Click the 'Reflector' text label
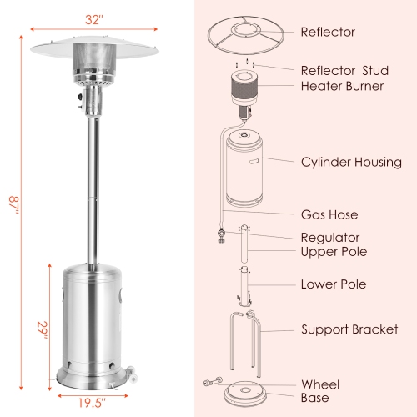click(328, 33)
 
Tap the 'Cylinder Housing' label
click(351, 162)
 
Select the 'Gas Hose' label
click(330, 214)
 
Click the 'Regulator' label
click(330, 238)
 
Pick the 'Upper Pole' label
click(334, 251)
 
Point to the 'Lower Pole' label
click(334, 284)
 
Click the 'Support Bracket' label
click(349, 330)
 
